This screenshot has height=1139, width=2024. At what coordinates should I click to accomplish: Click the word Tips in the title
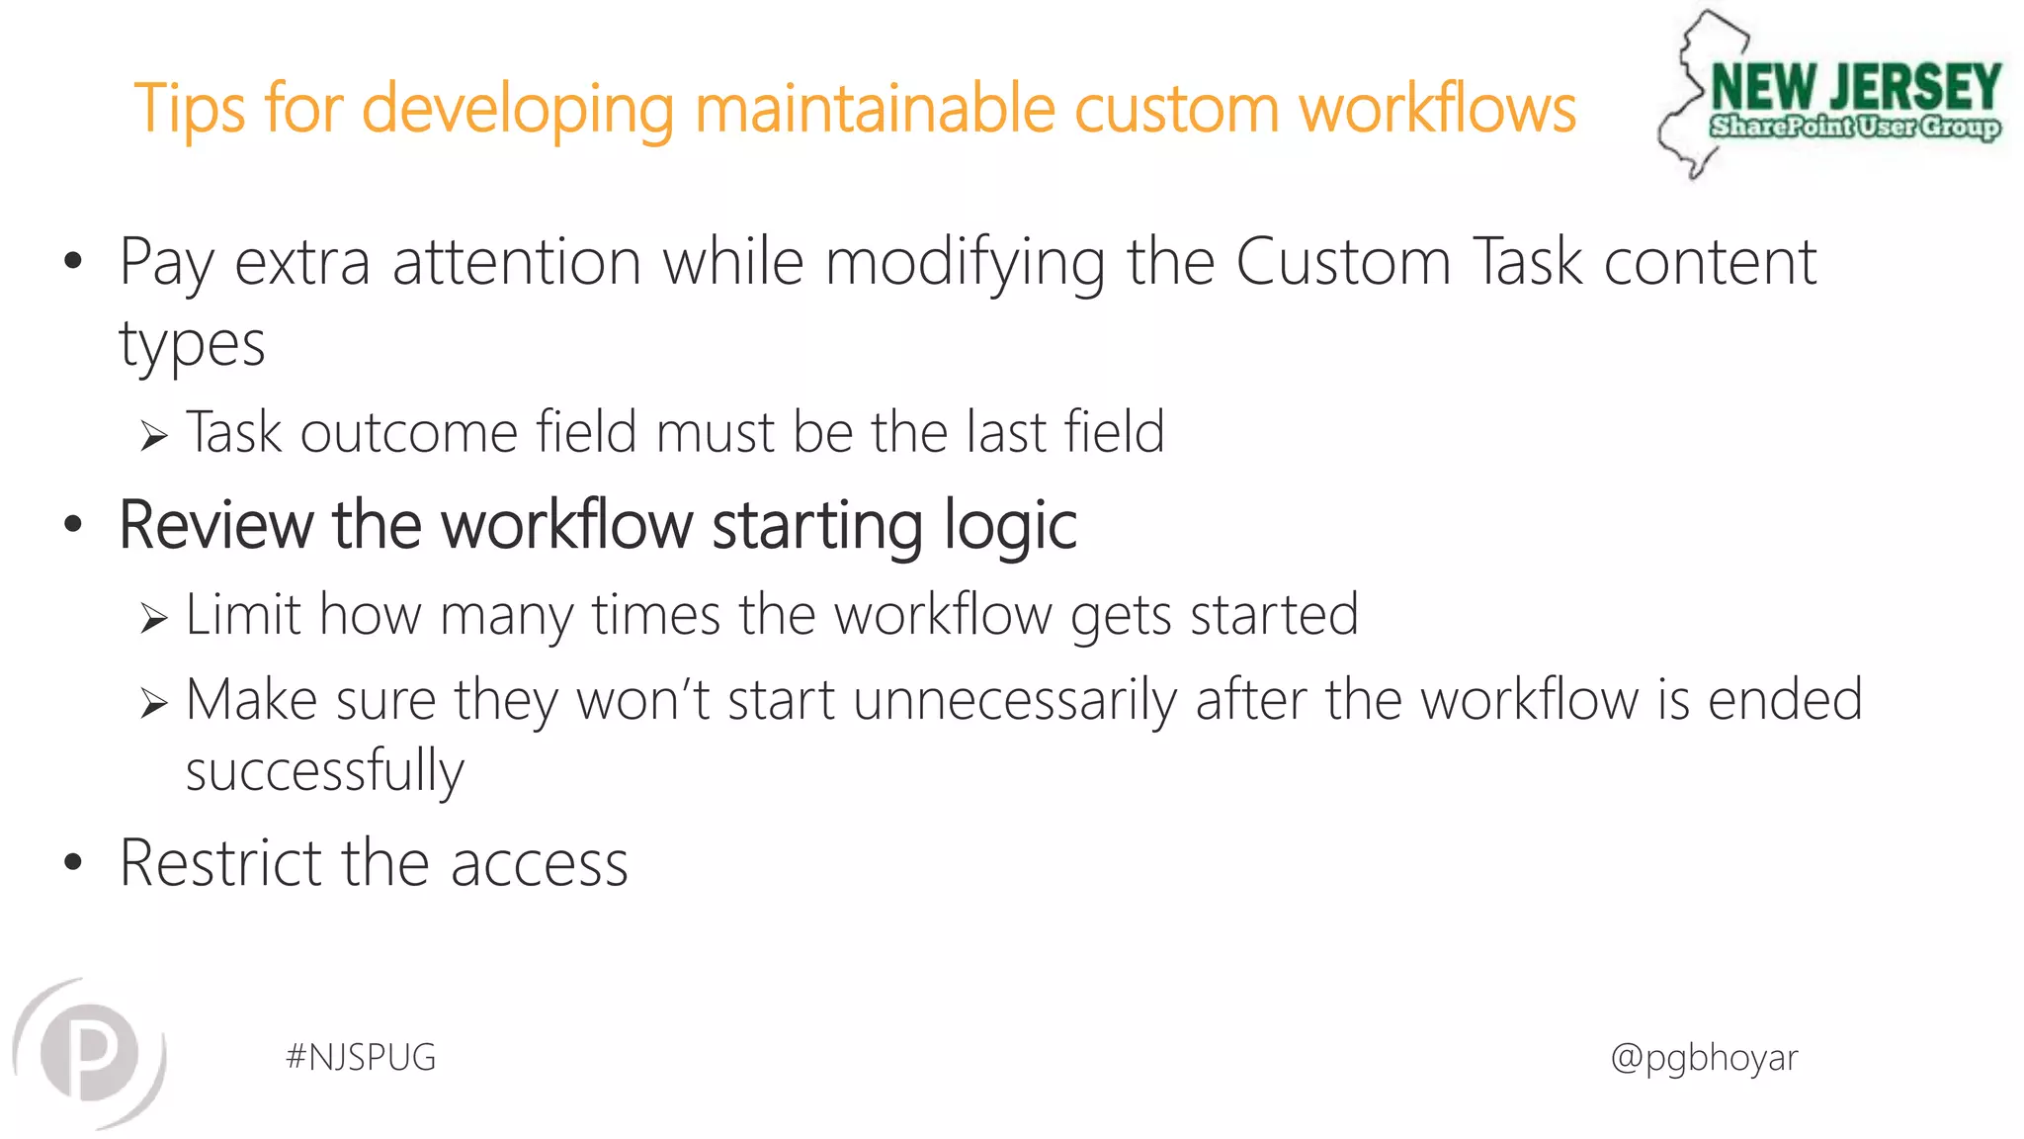point(189,109)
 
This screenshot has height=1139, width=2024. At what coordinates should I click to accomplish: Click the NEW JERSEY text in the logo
point(1856,87)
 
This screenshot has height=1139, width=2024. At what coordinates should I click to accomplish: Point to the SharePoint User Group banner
point(1855,128)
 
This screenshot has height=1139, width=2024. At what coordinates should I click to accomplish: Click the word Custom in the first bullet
point(1343,262)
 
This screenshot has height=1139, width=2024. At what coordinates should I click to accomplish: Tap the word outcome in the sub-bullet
point(408,433)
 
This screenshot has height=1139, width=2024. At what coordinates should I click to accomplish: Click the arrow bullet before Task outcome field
point(153,436)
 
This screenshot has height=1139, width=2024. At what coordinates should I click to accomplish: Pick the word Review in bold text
point(215,525)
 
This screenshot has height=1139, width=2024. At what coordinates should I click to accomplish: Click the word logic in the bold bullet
point(1009,525)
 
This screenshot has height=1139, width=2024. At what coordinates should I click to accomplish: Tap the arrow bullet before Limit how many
point(153,619)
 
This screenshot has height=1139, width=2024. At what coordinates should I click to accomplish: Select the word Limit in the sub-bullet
point(242,615)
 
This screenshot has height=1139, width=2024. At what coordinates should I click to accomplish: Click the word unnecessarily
point(1015,701)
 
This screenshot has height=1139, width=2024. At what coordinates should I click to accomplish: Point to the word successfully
point(324,771)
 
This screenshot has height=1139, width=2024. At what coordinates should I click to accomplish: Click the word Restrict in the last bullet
point(220,863)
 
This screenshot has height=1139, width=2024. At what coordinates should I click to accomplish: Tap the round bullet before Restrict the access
point(73,862)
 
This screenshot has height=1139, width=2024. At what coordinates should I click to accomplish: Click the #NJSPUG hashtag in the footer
point(361,1058)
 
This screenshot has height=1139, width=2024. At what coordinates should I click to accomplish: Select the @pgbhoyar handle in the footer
point(1704,1058)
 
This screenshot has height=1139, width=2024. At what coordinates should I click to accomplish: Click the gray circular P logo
point(90,1054)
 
